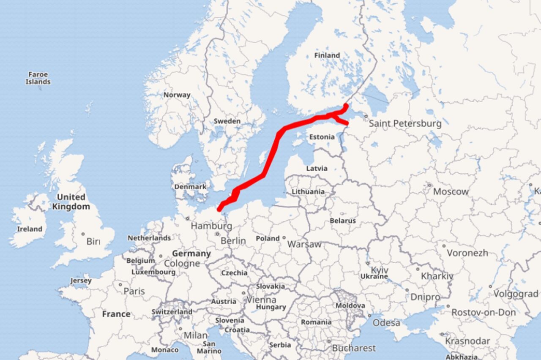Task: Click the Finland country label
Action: pyautogui.click(x=327, y=55)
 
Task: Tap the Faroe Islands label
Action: pyautogui.click(x=38, y=78)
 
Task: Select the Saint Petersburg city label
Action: pyautogui.click(x=405, y=124)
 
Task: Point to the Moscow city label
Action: pyautogui.click(x=451, y=191)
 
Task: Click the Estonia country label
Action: pyautogui.click(x=322, y=137)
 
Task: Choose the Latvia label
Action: pyautogui.click(x=317, y=168)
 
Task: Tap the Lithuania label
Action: pyautogui.click(x=308, y=191)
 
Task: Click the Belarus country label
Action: pyautogui.click(x=343, y=221)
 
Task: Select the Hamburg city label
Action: pyautogui.click(x=211, y=226)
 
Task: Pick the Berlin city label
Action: pyautogui.click(x=233, y=241)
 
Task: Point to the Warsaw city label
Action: pyautogui.click(x=304, y=244)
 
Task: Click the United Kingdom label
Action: pyautogui.click(x=71, y=202)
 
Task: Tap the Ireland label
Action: pyautogui.click(x=30, y=229)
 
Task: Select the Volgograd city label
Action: pyautogui.click(x=516, y=294)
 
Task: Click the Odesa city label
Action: pyautogui.click(x=386, y=323)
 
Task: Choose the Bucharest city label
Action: pyautogui.click(x=353, y=348)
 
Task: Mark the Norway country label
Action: pyautogui.click(x=177, y=95)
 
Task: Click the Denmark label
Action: pyautogui.click(x=190, y=186)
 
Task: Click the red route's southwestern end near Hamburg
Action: pyautogui.click(x=219, y=209)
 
